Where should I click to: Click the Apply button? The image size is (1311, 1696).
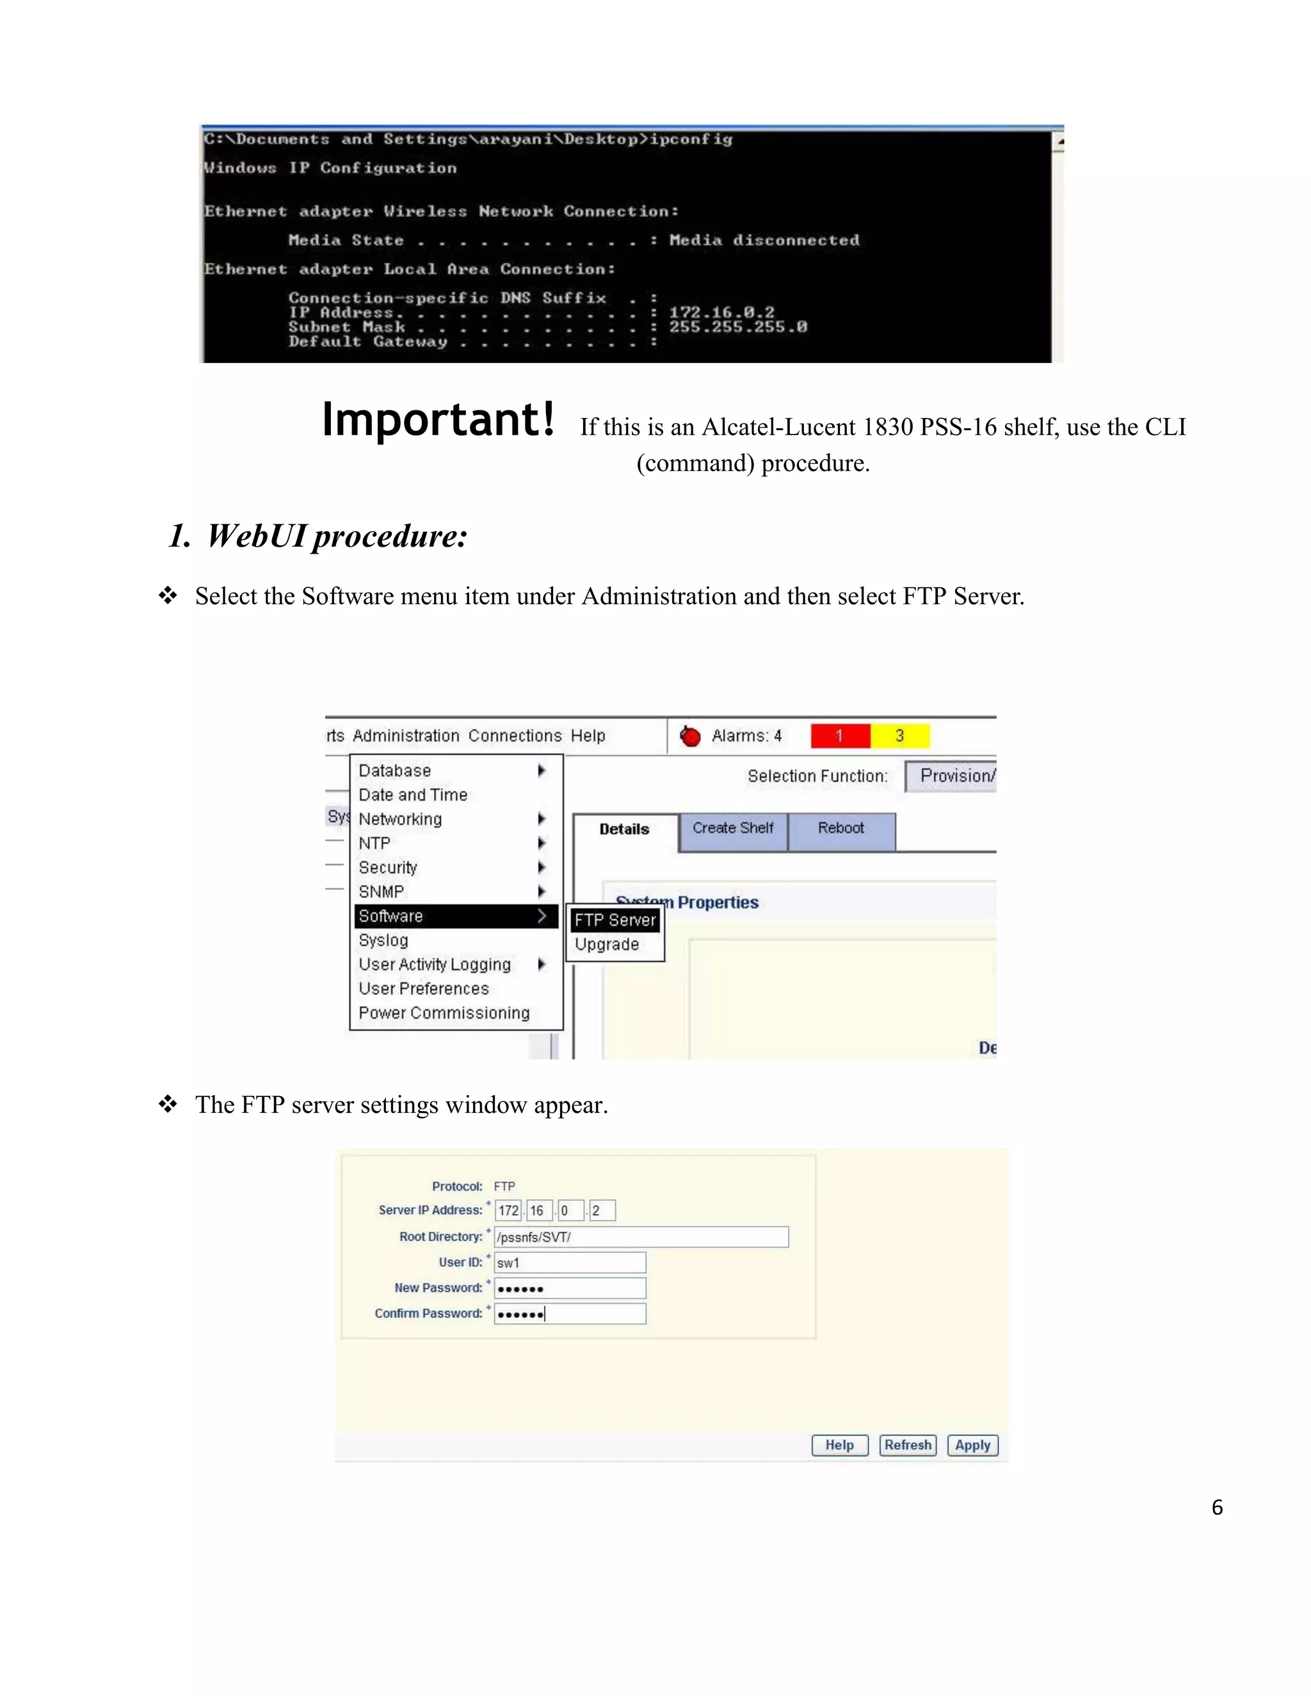click(x=972, y=1445)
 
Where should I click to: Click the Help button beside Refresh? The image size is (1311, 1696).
click(x=840, y=1445)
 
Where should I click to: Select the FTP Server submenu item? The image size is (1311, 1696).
click(x=615, y=920)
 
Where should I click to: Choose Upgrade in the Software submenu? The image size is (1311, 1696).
click(x=607, y=944)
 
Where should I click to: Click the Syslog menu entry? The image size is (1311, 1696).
click(x=383, y=940)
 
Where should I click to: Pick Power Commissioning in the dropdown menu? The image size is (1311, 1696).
click(x=444, y=1012)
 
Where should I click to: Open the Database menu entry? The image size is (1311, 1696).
click(x=394, y=771)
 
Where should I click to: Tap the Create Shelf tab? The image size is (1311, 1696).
click(x=732, y=829)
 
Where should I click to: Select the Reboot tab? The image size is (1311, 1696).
click(x=840, y=829)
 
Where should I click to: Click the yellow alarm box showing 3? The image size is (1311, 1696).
click(x=899, y=735)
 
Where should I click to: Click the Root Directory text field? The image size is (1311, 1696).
click(x=641, y=1237)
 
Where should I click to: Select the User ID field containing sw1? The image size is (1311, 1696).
click(x=569, y=1263)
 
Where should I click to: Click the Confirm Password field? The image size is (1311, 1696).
click(x=569, y=1314)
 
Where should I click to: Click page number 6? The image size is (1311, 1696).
click(x=1217, y=1508)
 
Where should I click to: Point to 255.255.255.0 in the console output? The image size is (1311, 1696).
click(x=738, y=327)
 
